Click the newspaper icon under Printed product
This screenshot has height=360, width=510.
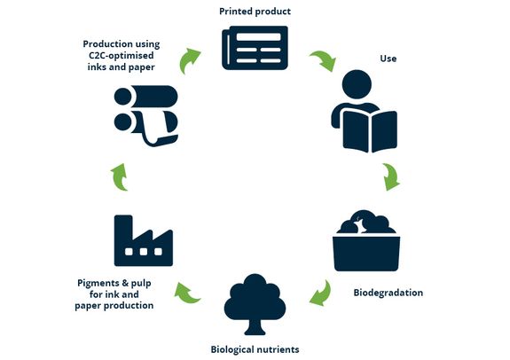pyautogui.click(x=255, y=48)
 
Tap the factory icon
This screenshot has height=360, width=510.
pyautogui.click(x=144, y=240)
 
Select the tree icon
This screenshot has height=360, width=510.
pyautogui.click(x=255, y=304)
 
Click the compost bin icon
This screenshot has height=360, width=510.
pyautogui.click(x=366, y=240)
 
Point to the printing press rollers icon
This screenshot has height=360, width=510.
pyautogui.click(x=146, y=115)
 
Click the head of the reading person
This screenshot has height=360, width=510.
pyautogui.click(x=357, y=84)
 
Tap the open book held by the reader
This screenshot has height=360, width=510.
pyautogui.click(x=370, y=131)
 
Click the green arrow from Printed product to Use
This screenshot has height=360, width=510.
pyautogui.click(x=324, y=60)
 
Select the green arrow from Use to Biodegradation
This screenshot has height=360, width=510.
pyautogui.click(x=391, y=177)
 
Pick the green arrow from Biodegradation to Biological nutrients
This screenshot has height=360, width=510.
pyautogui.click(x=321, y=293)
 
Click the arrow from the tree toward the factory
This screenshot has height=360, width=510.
pyautogui.click(x=187, y=293)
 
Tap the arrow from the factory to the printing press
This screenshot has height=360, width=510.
pyautogui.click(x=120, y=177)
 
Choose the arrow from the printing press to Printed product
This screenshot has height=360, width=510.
pyautogui.click(x=189, y=60)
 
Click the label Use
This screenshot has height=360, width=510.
pyautogui.click(x=388, y=59)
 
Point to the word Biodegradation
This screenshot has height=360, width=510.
pyautogui.click(x=388, y=293)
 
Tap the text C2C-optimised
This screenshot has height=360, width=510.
pyautogui.click(x=122, y=56)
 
